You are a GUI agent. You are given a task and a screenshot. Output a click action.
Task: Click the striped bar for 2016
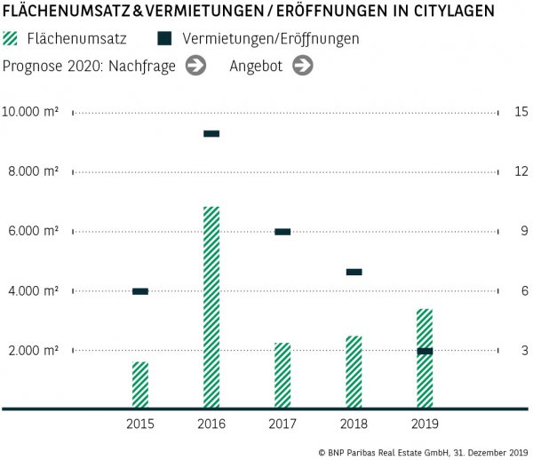pyautogui.click(x=211, y=307)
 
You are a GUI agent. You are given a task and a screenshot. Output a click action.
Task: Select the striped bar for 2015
pyautogui.click(x=140, y=385)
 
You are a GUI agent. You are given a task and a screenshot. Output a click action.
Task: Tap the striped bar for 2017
pyautogui.click(x=282, y=375)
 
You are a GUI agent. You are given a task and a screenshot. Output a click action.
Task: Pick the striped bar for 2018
pyautogui.click(x=354, y=372)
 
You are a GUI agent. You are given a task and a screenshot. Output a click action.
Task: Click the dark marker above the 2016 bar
pyautogui.click(x=211, y=134)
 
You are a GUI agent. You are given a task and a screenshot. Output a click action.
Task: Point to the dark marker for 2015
pyautogui.click(x=140, y=291)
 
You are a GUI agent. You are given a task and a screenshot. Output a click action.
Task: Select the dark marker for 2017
pyautogui.click(x=282, y=232)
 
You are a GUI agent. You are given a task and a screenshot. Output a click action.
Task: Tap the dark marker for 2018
pyautogui.click(x=354, y=272)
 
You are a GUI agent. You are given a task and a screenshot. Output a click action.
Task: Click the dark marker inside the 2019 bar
pyautogui.click(x=425, y=352)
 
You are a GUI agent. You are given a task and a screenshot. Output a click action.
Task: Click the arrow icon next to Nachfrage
pyautogui.click(x=196, y=66)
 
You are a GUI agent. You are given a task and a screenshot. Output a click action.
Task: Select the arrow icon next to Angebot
pyautogui.click(x=303, y=66)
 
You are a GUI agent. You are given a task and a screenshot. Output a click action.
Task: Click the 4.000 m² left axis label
pyautogui.click(x=34, y=291)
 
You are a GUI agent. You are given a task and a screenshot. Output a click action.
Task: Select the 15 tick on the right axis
pyautogui.click(x=521, y=112)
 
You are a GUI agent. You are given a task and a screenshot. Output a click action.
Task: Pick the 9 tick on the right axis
pyautogui.click(x=521, y=232)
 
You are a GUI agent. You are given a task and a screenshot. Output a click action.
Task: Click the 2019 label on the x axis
pyautogui.click(x=425, y=424)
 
